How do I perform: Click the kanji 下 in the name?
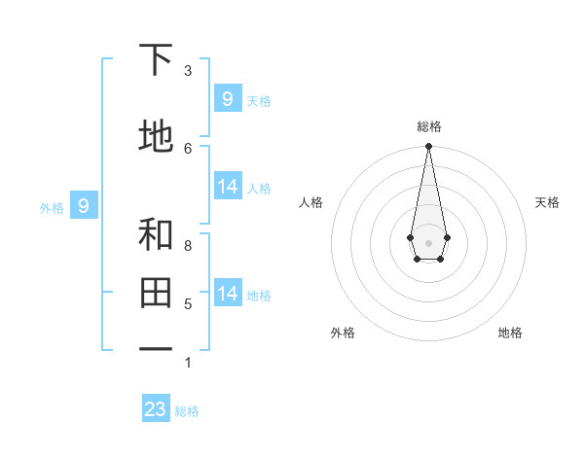(156, 60)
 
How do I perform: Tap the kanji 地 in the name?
(156, 137)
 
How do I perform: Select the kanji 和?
(156, 234)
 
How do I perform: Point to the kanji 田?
(156, 292)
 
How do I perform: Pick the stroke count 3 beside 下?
(188, 71)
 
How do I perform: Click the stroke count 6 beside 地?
(188, 148)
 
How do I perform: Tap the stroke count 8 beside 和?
(188, 245)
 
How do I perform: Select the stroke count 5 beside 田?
(188, 304)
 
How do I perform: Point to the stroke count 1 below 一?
(188, 363)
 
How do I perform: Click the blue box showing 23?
(156, 409)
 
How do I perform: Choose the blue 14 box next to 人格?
(228, 187)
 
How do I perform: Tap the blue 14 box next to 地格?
(228, 293)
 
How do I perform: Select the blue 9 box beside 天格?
(228, 98)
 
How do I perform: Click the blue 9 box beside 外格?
(84, 205)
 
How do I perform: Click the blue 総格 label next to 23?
(187, 411)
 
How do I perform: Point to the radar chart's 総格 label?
(429, 126)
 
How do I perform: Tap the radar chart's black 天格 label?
(547, 202)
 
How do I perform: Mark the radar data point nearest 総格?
(428, 147)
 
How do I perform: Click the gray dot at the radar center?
(428, 241)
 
